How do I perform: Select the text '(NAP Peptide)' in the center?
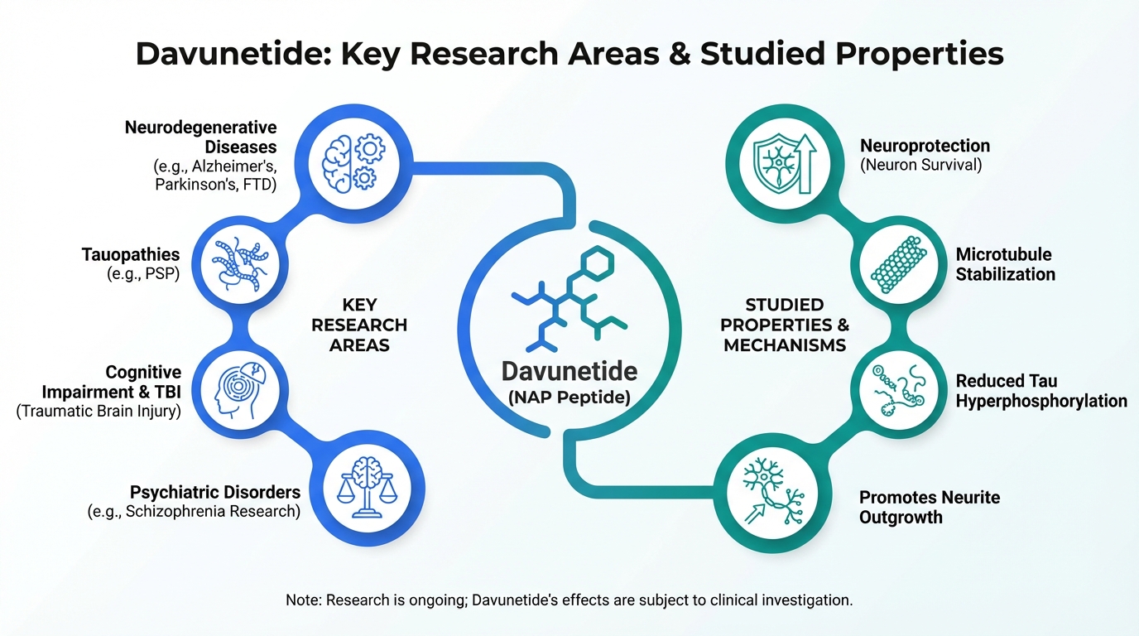(569, 397)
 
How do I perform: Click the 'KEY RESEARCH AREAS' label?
(358, 325)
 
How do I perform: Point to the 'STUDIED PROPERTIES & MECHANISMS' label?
(784, 325)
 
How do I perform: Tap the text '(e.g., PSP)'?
(144, 274)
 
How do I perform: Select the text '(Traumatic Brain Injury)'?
(99, 410)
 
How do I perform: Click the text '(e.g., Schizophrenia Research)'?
(194, 511)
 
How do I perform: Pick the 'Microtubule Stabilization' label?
(1005, 264)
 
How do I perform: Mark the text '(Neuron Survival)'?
(920, 165)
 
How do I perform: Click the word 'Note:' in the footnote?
(303, 600)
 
